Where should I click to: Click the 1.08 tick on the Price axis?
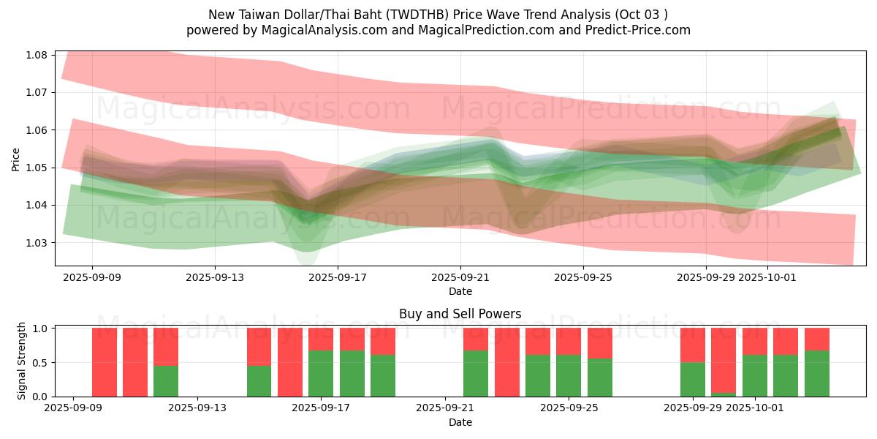point(37,55)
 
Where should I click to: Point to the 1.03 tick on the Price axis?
point(37,243)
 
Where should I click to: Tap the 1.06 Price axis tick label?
point(37,130)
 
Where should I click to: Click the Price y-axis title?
point(16,159)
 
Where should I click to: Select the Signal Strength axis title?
point(22,361)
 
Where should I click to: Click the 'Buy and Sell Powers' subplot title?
point(460,314)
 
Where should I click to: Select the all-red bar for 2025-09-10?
point(135,362)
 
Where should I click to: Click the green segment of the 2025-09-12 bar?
point(166,380)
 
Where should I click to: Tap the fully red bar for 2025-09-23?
point(506,362)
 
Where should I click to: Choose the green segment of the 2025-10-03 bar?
point(816,373)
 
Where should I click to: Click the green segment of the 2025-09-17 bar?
point(321,373)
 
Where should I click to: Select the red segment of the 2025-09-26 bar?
point(599,342)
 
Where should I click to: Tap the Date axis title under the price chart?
point(460,291)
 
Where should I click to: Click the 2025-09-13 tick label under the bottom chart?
point(197,408)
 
